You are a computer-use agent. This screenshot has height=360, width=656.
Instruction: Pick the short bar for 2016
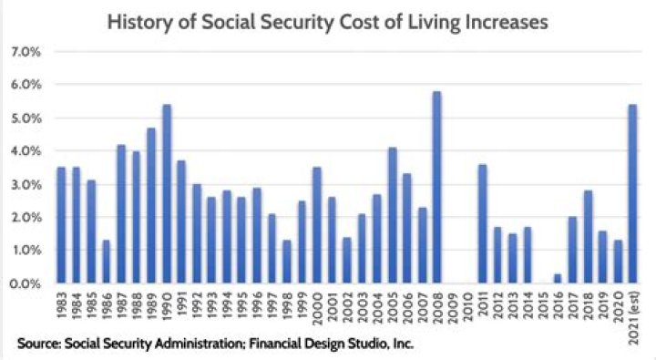557,279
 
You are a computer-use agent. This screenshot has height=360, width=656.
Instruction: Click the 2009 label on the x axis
452,309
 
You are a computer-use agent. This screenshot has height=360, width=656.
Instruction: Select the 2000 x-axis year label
317,309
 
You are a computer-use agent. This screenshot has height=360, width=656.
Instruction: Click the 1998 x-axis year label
287,309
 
